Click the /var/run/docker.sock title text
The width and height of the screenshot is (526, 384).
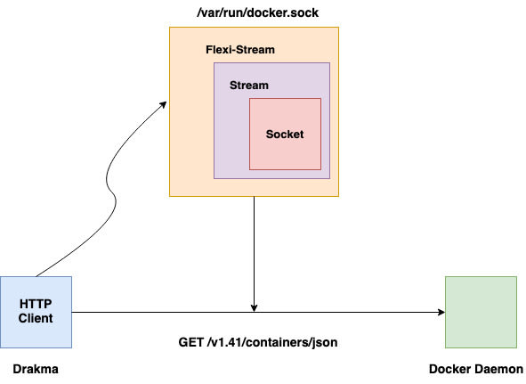(x=257, y=13)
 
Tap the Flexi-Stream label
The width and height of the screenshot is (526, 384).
(x=240, y=50)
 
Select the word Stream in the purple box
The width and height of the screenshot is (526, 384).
(x=249, y=86)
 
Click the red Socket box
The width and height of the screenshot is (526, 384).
(x=285, y=134)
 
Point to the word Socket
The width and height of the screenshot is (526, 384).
(x=285, y=135)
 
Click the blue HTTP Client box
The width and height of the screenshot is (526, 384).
(x=36, y=312)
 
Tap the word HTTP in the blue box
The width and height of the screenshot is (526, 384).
(x=36, y=304)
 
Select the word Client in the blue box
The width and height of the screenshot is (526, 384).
(x=36, y=318)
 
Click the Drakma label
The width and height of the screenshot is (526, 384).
(x=36, y=369)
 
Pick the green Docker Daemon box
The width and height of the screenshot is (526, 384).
(x=481, y=312)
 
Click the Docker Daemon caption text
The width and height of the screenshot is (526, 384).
(x=476, y=369)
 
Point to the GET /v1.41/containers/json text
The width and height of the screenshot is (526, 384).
(x=258, y=342)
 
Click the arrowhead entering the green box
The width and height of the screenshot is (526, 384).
(x=441, y=312)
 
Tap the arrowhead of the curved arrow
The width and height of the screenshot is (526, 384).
(x=164, y=104)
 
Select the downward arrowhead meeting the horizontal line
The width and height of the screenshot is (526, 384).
(x=254, y=308)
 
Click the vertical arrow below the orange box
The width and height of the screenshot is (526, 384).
(x=254, y=254)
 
